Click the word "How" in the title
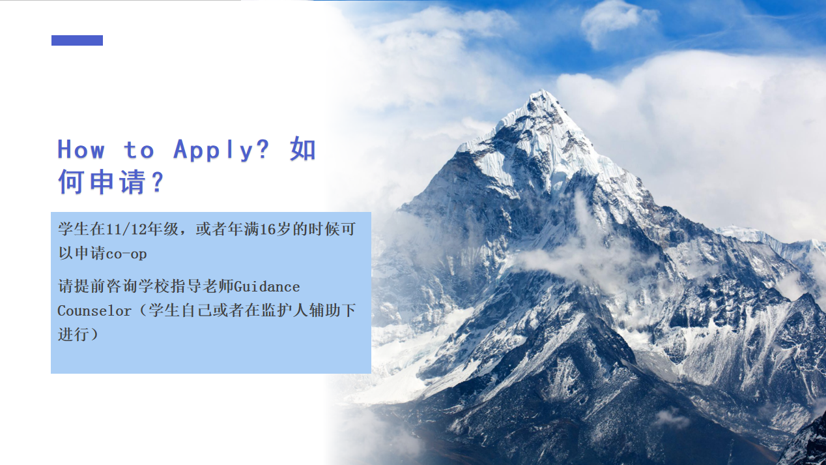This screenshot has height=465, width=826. coord(81,149)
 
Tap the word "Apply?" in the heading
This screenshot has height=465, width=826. coord(221,150)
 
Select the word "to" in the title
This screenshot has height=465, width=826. coord(139,150)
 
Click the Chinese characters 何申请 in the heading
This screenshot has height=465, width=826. coord(102,181)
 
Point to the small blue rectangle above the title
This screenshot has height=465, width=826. coord(77,40)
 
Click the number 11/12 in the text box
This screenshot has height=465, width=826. coord(127,229)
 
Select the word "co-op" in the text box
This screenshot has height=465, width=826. coord(126,254)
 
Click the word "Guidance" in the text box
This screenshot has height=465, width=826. coord(267,286)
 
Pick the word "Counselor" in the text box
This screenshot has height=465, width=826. coord(94,310)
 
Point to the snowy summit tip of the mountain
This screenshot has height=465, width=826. coord(541,91)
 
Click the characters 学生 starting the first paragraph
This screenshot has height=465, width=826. coord(74,229)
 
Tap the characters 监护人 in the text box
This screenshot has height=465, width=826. coord(285,310)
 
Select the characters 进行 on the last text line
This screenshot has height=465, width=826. coord(74,335)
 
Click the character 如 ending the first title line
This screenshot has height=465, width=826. coord(303,149)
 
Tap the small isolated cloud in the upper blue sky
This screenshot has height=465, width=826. coord(616,22)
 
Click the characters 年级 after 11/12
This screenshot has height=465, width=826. coord(164,229)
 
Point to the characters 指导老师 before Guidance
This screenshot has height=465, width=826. coord(203,286)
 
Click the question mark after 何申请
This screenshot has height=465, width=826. coord(158,181)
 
